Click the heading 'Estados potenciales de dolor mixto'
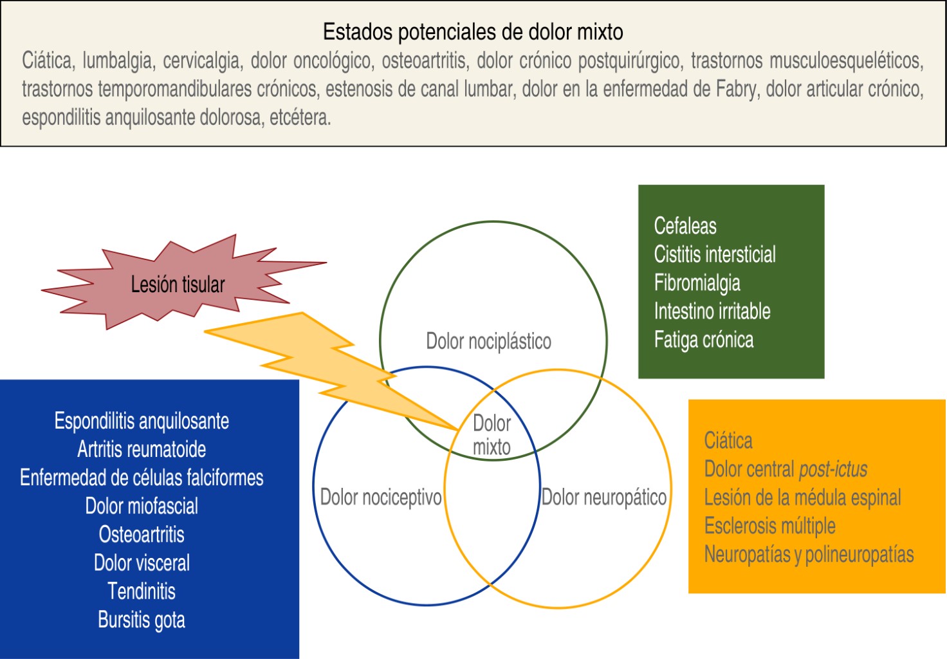point(473,32)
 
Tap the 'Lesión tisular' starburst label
point(178,284)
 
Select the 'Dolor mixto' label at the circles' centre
point(492,435)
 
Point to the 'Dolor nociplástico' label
point(488,341)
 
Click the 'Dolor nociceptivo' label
point(381,497)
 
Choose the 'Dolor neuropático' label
point(603,497)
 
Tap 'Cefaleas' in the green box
point(685,226)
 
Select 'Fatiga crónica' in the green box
point(703,340)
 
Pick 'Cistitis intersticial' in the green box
point(715,254)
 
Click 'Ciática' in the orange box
point(728,440)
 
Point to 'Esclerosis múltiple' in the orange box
point(769,526)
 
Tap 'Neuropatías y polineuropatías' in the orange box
point(809,554)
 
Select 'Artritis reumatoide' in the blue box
point(142,449)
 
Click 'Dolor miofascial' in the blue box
point(142,506)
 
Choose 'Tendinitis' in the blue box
point(142,591)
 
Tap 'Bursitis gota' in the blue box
point(142,620)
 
